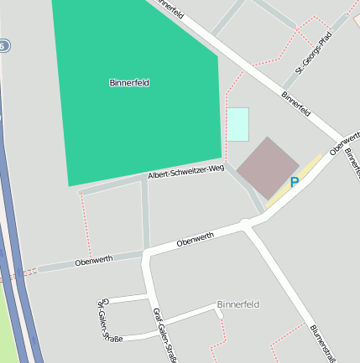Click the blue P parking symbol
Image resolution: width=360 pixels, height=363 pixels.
(295, 182)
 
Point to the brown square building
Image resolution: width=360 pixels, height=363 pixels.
(267, 168)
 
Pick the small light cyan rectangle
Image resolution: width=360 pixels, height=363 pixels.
(237, 124)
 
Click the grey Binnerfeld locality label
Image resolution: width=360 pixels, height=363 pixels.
(238, 303)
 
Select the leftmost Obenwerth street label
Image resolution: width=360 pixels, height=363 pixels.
(93, 261)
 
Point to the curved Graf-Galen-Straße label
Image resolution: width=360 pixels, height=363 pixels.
(107, 321)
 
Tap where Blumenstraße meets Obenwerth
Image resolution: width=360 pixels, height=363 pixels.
(245, 224)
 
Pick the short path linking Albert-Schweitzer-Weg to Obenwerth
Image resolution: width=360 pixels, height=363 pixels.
(146, 214)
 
